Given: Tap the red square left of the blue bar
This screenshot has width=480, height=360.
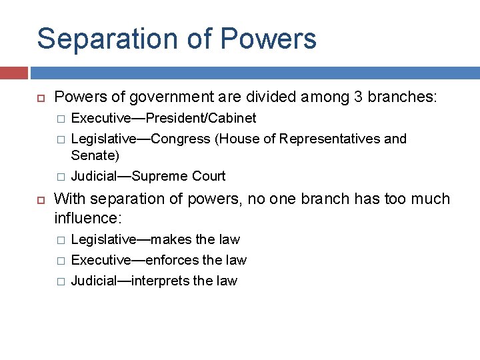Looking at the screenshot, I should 13,73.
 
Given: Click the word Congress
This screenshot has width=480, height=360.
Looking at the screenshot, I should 183,139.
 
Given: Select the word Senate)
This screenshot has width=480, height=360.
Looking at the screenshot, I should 95,156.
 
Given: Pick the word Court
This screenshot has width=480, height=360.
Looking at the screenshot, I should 209,176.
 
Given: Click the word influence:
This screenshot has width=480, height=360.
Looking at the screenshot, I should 88,217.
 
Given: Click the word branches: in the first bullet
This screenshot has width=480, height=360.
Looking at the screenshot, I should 404,97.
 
